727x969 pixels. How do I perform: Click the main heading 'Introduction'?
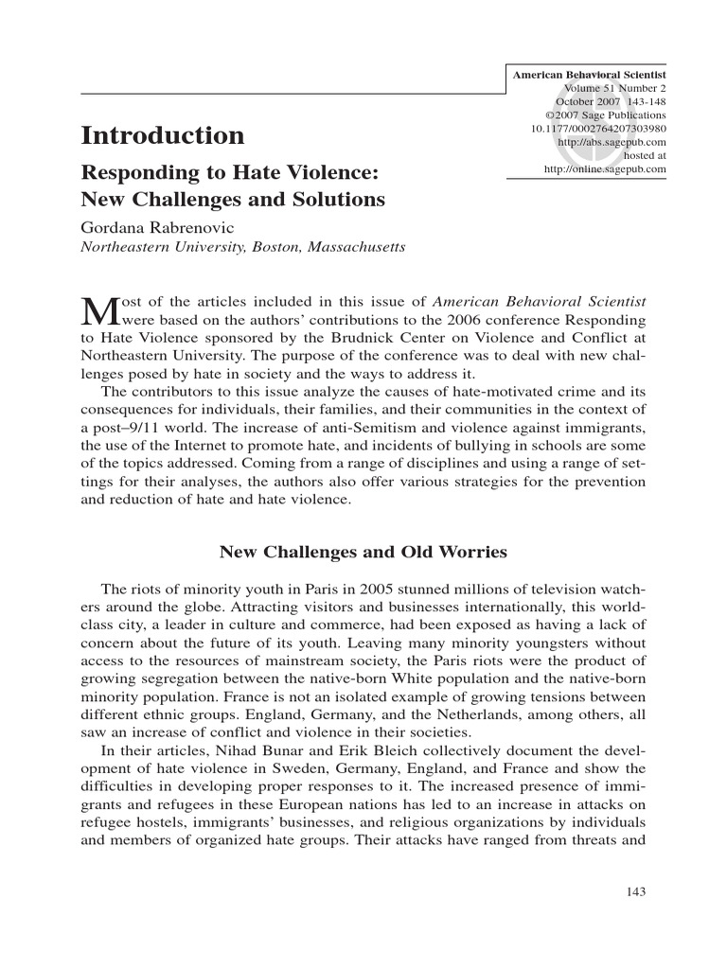click(x=162, y=135)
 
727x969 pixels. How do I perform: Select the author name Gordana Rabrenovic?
click(x=160, y=229)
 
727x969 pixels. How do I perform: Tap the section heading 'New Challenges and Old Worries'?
click(x=363, y=551)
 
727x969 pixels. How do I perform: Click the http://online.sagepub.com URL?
click(x=605, y=168)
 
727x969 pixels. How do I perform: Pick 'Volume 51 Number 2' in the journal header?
click(x=613, y=88)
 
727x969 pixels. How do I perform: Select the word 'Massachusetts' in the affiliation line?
click(x=353, y=248)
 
